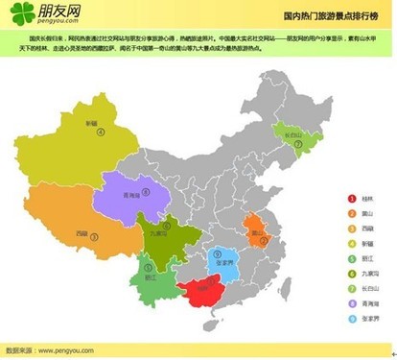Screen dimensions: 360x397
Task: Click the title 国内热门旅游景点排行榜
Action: point(327,16)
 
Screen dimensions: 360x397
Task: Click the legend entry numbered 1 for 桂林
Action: point(362,199)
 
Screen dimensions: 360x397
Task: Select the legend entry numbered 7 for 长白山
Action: point(364,288)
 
